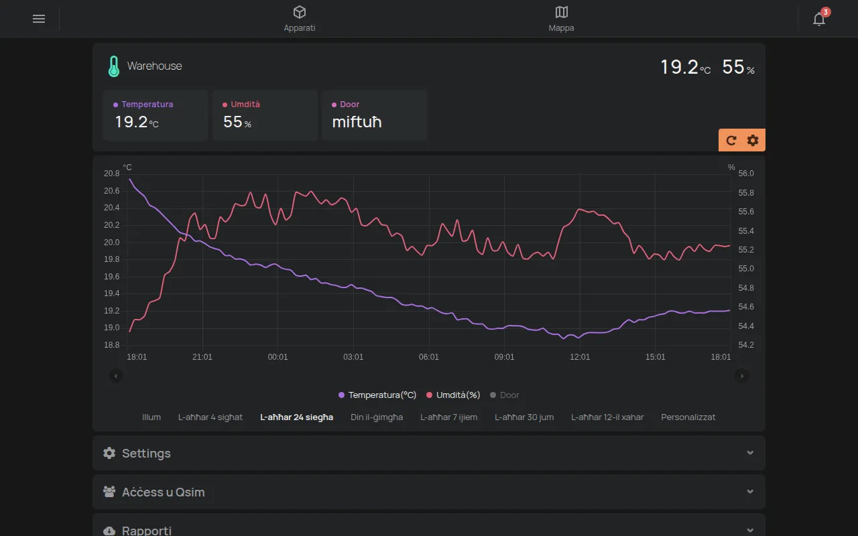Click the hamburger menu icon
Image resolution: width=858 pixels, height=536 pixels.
tap(39, 19)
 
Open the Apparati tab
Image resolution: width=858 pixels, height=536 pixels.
tap(299, 19)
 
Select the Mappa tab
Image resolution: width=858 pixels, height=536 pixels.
tap(561, 19)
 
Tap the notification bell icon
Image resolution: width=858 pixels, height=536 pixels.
tap(819, 19)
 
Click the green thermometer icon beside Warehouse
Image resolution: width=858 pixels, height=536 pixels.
tap(114, 66)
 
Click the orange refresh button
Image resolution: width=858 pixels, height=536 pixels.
tap(731, 141)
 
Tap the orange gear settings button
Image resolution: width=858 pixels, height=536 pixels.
tap(753, 141)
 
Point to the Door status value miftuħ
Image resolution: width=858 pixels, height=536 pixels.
tap(357, 122)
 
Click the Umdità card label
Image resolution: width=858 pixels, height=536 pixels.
tap(245, 104)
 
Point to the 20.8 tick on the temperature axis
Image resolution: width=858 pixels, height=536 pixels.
tap(111, 174)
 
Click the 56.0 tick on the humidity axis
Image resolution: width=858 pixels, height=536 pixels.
tap(746, 174)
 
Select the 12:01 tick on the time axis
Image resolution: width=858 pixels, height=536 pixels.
tap(580, 357)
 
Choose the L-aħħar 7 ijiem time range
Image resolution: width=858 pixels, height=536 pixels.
tap(448, 417)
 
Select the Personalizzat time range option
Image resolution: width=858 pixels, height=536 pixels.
tap(688, 417)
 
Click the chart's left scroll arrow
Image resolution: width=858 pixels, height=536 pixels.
tap(116, 376)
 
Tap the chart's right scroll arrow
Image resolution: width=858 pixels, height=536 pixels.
tap(741, 376)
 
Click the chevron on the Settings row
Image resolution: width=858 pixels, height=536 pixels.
tap(750, 453)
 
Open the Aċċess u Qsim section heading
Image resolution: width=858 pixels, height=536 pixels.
tap(163, 492)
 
